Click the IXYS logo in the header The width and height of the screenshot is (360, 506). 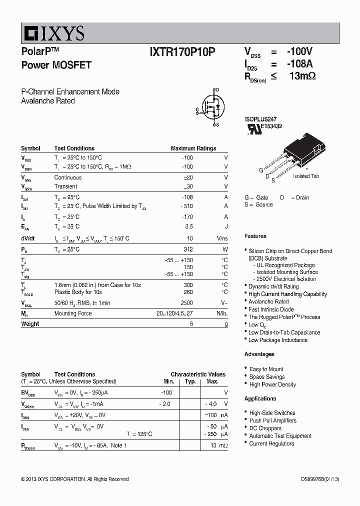[x=52, y=33]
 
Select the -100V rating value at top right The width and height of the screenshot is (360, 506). [x=299, y=51]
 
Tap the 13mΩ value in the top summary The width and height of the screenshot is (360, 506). [x=302, y=76]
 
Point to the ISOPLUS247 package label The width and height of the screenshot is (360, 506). [x=260, y=119]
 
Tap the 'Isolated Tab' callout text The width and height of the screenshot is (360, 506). [x=306, y=176]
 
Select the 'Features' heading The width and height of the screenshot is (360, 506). [x=255, y=236]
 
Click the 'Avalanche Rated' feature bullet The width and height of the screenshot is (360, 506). [x=268, y=301]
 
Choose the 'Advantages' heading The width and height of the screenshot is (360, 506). [x=259, y=354]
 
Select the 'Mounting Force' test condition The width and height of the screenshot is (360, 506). [x=73, y=313]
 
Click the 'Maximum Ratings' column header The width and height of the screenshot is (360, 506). [x=193, y=148]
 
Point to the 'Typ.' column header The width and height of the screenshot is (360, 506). [x=190, y=381]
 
